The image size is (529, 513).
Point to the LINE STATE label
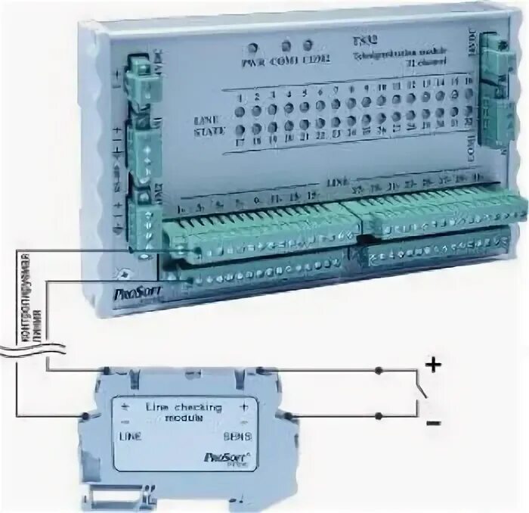click(209, 126)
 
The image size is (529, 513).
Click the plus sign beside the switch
click(433, 367)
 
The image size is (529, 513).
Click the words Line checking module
click(178, 412)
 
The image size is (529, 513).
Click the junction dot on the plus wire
click(379, 370)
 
